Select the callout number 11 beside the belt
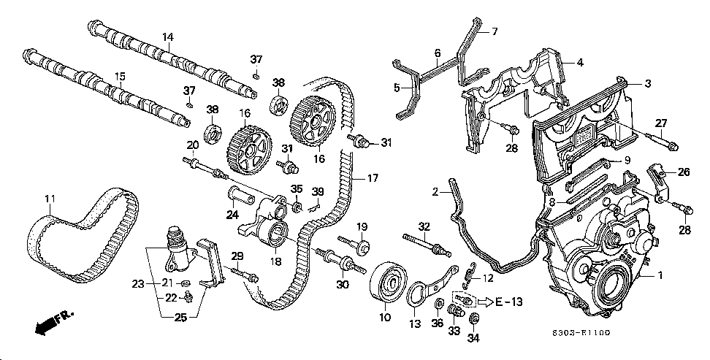click(x=50, y=199)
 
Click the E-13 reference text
click(x=508, y=301)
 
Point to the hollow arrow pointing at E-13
click(x=484, y=301)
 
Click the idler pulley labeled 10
click(x=389, y=285)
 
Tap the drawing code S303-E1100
click(x=581, y=333)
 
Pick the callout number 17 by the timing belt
click(x=373, y=178)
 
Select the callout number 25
click(x=180, y=318)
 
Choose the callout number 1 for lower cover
click(x=660, y=274)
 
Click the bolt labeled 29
click(x=245, y=275)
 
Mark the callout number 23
click(x=138, y=284)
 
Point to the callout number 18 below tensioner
click(x=275, y=261)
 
